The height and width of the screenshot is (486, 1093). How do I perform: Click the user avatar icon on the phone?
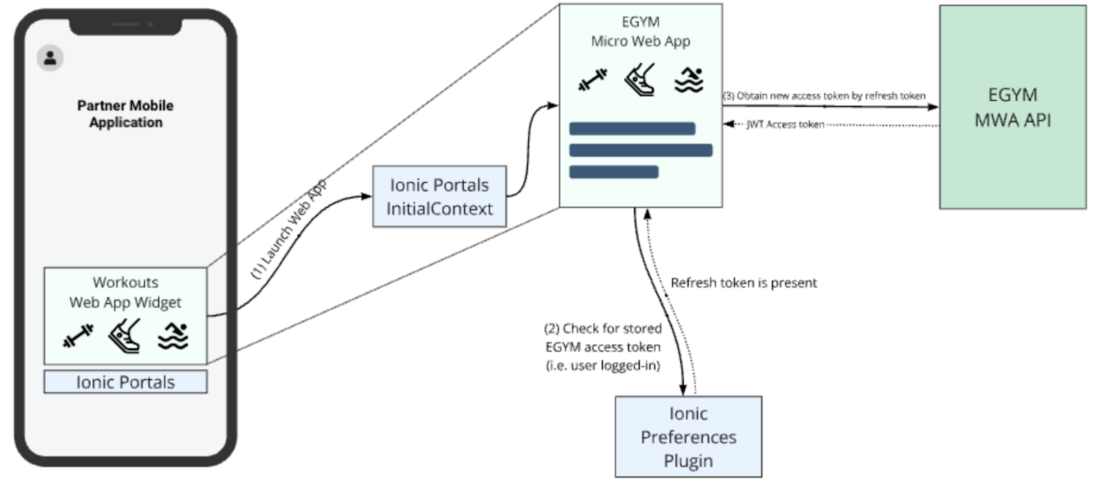(x=50, y=58)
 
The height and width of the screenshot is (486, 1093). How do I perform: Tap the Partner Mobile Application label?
(x=126, y=114)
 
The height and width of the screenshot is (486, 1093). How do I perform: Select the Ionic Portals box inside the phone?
(x=126, y=382)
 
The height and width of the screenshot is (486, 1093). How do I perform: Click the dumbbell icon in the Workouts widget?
(x=78, y=336)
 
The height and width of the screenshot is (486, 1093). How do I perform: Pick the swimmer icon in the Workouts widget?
(x=173, y=336)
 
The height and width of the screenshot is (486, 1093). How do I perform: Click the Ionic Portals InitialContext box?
(x=439, y=197)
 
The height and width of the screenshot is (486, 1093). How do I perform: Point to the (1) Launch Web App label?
(x=289, y=229)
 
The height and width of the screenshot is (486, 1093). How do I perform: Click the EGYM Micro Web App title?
(x=640, y=31)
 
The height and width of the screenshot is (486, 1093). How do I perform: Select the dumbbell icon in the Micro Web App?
(x=592, y=80)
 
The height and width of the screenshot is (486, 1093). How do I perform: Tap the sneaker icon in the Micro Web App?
(x=640, y=80)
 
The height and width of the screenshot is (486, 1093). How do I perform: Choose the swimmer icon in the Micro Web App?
(x=689, y=80)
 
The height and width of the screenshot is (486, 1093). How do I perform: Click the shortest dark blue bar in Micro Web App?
(x=613, y=172)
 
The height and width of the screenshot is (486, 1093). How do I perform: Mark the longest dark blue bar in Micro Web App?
(x=640, y=150)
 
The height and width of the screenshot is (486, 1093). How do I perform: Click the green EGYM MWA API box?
(x=1012, y=107)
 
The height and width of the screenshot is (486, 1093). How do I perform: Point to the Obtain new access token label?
(x=825, y=96)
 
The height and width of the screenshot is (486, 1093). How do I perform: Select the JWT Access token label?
(x=785, y=124)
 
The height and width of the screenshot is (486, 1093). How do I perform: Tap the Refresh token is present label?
(x=743, y=283)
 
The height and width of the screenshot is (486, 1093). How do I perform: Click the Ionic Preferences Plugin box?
(x=688, y=437)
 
